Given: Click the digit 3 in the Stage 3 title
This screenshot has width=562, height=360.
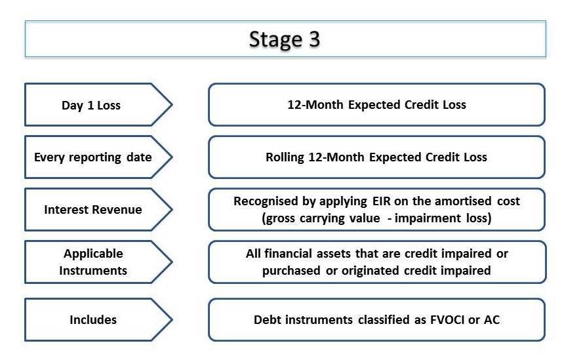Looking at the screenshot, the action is pos(314,39).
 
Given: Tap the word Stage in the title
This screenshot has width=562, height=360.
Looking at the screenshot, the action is pos(275,40).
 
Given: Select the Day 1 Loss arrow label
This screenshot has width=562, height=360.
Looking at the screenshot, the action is pos(91,106).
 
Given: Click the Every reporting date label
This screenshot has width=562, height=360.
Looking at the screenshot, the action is pos(93,157).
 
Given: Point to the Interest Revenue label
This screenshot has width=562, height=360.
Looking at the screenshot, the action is pos(93,209).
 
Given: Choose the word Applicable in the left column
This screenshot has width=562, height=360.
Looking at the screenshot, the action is pos(93,254).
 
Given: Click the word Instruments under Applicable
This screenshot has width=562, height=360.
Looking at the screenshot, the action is pos(93,270).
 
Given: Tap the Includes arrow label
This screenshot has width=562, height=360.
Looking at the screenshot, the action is pos(93,319).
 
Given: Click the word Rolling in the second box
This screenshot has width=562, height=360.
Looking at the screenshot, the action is pos(285,157).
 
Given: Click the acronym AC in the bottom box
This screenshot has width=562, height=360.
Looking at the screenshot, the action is pos(492,319).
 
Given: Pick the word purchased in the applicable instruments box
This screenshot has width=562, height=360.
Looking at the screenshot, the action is pos(291,271).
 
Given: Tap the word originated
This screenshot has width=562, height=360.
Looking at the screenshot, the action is pos(371,271).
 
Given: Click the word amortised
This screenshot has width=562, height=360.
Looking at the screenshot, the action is pos(462,201).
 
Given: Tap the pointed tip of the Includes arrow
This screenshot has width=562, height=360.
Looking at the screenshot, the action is pos(172,319).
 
